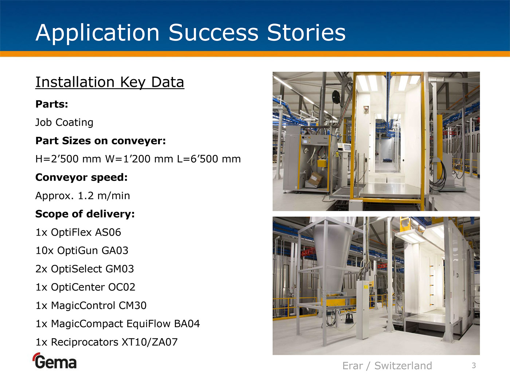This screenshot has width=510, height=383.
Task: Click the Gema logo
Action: pos(55,361)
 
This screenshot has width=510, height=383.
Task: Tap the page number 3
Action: pos(474,365)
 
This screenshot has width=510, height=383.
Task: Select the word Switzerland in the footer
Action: pos(403,366)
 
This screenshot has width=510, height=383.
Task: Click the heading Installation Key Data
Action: pos(110,82)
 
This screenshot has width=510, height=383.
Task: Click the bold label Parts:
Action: pos(52,104)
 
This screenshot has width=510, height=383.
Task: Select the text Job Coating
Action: pos(64,122)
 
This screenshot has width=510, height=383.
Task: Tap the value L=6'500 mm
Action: pos(209,159)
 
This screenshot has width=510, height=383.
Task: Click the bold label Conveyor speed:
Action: pos(81,177)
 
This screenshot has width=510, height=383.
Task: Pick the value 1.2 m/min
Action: pos(104,196)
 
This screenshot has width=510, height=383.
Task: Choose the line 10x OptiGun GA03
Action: pos(82,251)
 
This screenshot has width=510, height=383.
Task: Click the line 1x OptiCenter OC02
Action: pos(85,287)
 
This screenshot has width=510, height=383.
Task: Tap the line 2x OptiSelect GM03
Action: pos(85,269)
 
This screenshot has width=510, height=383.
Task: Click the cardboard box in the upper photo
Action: pos(315,178)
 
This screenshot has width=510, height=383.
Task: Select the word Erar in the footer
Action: pos(353,366)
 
